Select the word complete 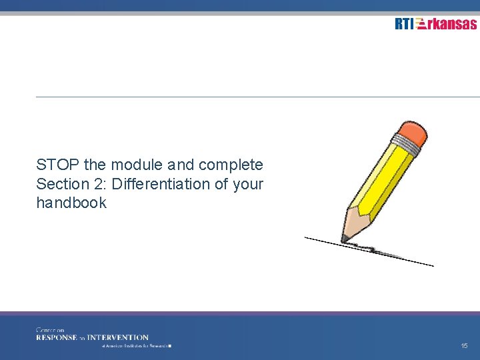231,165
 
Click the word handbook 71,203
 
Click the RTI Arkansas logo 435,24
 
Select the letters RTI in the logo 404,24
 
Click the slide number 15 464,346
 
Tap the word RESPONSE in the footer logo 57,337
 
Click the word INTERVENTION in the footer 118,337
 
